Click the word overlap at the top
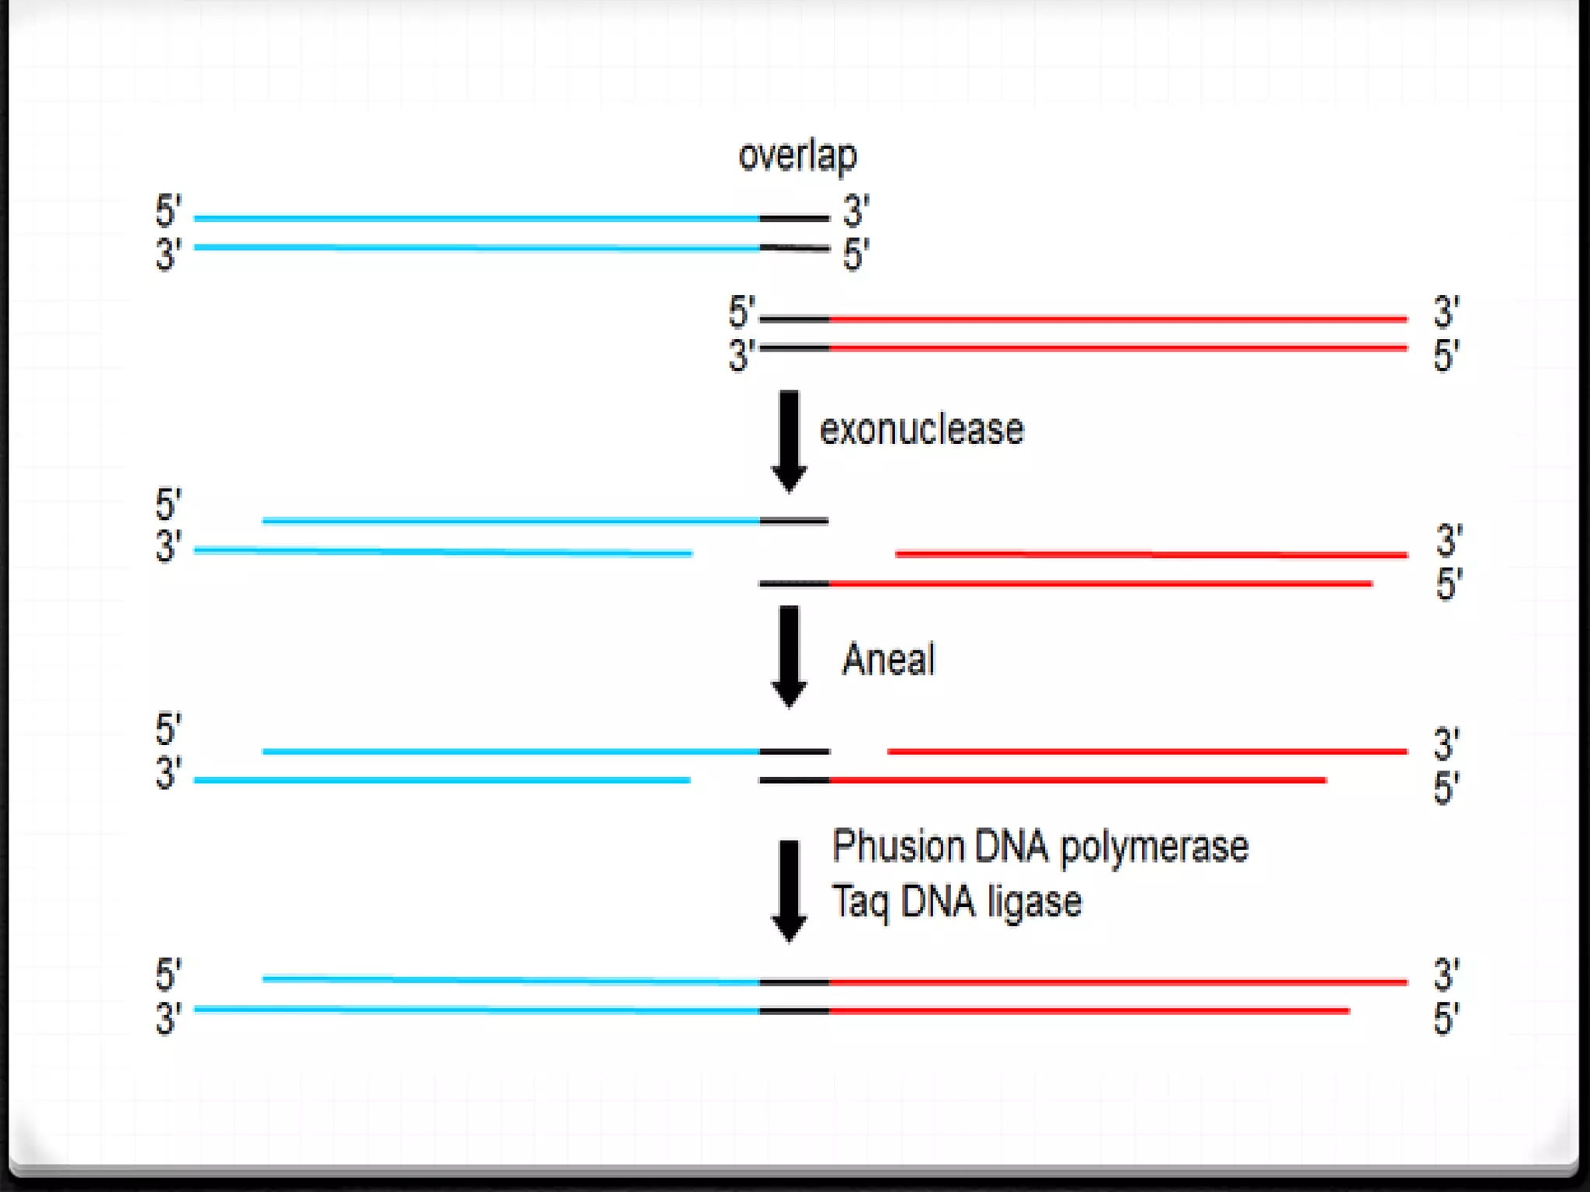click(797, 156)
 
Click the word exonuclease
click(922, 429)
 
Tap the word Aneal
click(888, 660)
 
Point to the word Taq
click(859, 903)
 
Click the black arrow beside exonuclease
click(789, 440)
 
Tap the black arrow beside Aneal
click(789, 656)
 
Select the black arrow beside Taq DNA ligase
click(789, 890)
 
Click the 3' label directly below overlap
click(856, 211)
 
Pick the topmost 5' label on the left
click(168, 211)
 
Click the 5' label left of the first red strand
click(741, 312)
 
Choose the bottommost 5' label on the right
click(1446, 1018)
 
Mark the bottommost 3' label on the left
click(168, 1018)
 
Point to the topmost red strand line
click(1118, 319)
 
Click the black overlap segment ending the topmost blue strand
click(794, 219)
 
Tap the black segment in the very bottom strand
click(794, 1011)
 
